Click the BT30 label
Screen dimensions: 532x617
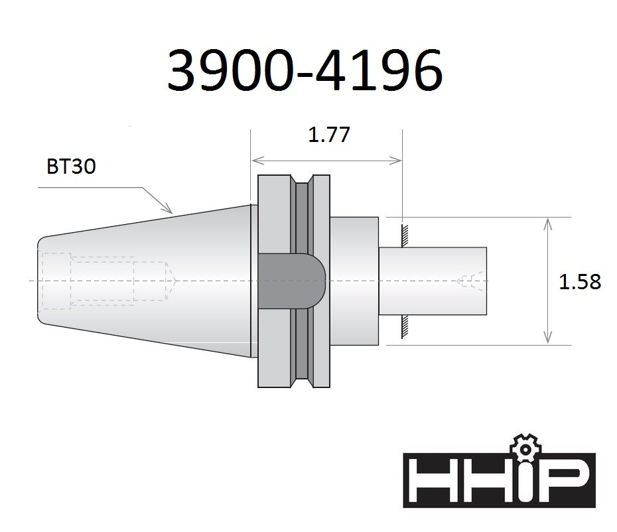pyautogui.click(x=71, y=166)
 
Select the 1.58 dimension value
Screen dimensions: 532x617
pyautogui.click(x=580, y=282)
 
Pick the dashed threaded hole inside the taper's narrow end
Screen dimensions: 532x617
pyautogui.click(x=106, y=281)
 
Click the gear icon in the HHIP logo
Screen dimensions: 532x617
pyautogui.click(x=525, y=449)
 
